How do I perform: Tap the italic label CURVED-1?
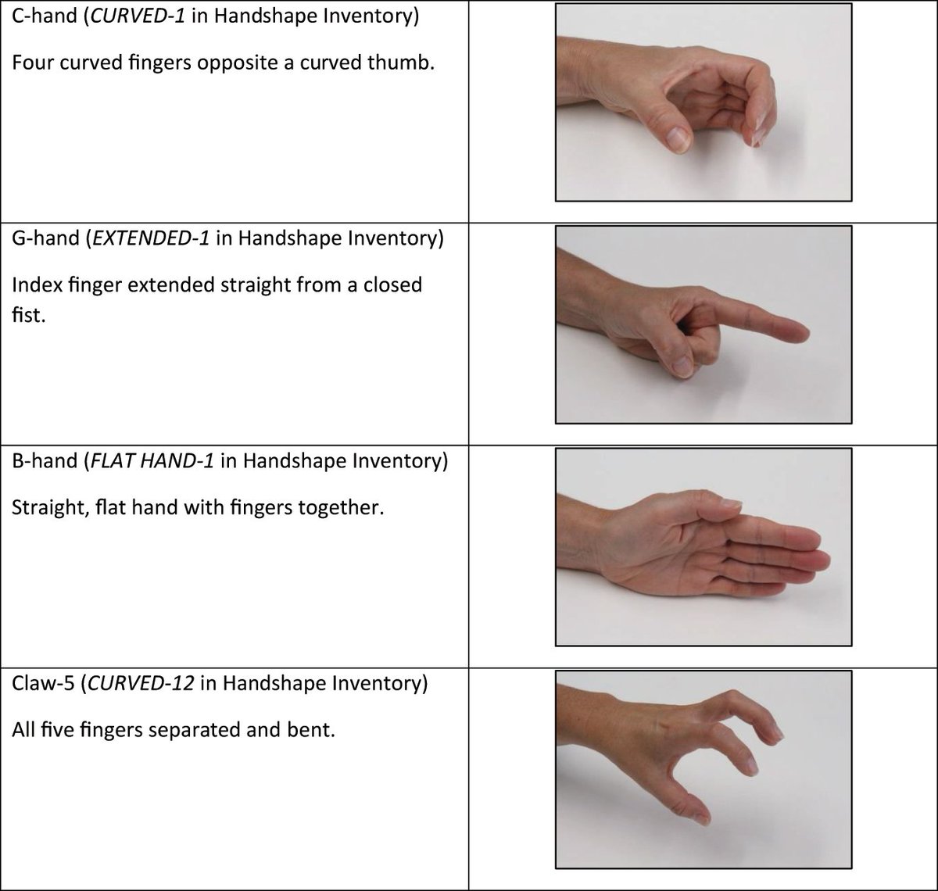(138, 16)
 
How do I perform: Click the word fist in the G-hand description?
(27, 318)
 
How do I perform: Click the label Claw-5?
(45, 683)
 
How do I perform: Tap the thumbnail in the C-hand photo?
(678, 139)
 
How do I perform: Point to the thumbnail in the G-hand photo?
(682, 365)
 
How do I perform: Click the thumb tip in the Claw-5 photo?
(701, 818)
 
